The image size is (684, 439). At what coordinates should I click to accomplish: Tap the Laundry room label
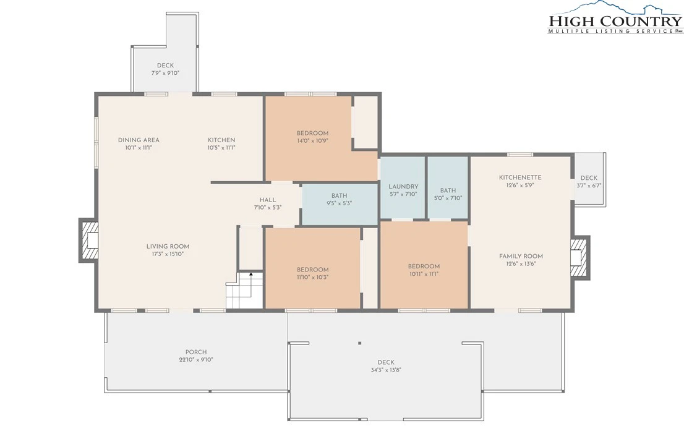point(403,187)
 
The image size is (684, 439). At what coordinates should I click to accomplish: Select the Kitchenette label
point(520,177)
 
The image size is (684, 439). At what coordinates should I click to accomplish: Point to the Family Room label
point(521,257)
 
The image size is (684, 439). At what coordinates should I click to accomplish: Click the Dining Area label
point(139,140)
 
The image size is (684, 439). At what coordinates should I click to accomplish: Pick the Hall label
point(267,200)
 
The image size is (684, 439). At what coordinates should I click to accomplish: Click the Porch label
point(196,352)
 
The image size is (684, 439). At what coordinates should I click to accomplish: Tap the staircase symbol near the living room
point(245,290)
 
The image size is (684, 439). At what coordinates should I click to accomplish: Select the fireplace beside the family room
point(580,257)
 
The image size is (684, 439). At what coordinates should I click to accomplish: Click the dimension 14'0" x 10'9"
point(312,141)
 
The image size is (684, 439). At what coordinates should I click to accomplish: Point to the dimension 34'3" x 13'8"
point(386,370)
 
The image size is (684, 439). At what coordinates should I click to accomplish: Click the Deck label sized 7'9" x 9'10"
point(165,66)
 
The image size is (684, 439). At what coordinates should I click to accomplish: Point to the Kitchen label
point(221,140)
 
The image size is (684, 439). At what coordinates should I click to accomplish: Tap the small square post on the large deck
point(359,343)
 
